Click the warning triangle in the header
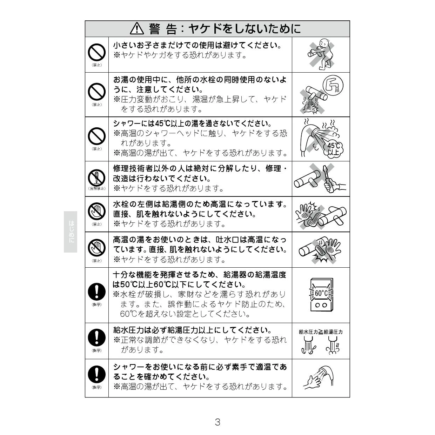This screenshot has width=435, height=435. click(137, 29)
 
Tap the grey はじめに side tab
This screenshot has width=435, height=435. click(71, 232)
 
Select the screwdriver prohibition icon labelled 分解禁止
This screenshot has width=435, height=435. click(96, 178)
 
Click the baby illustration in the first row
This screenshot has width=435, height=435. click(321, 54)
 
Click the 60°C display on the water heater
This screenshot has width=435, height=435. click(321, 293)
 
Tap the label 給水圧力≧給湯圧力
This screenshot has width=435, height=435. click(321, 332)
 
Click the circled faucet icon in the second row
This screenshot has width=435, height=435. click(333, 85)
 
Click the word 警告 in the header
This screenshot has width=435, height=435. click(162, 29)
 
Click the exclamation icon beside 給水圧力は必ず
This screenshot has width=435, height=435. click(96, 338)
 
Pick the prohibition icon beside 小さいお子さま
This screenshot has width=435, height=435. click(96, 52)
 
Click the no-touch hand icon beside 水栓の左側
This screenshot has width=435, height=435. click(96, 211)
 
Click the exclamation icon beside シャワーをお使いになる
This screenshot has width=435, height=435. click(96, 374)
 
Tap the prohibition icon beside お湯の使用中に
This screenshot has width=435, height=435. click(96, 92)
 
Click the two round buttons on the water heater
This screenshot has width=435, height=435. click(321, 305)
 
